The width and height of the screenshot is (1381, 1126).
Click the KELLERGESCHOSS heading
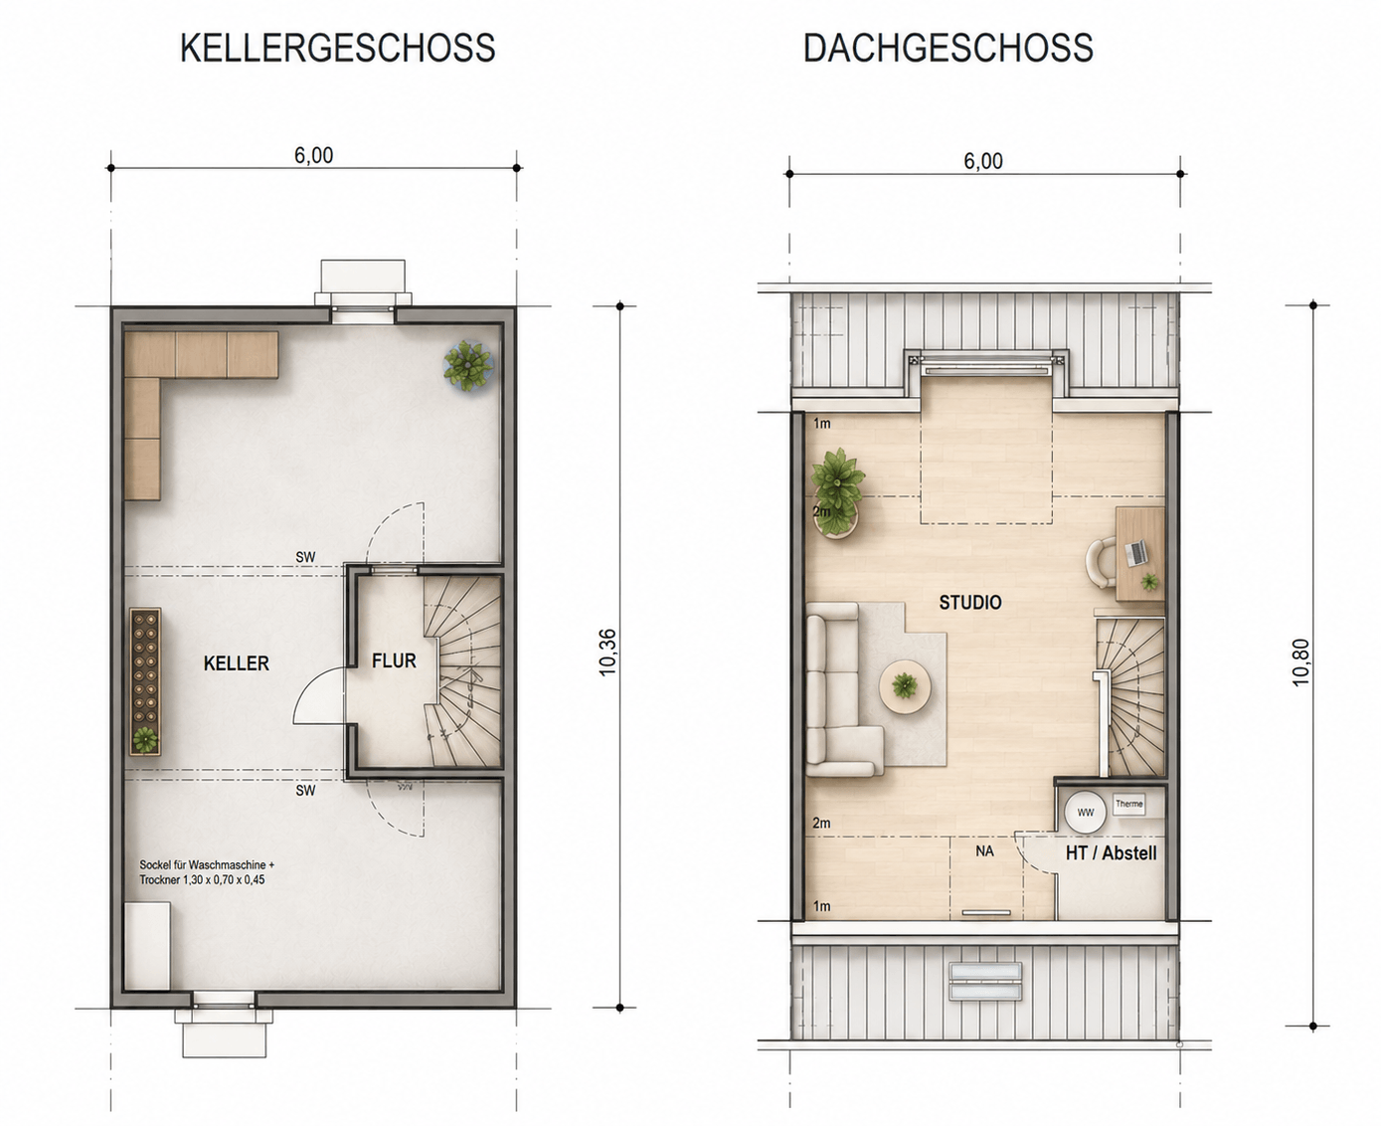pos(337,48)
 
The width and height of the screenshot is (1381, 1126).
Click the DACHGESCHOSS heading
pos(948,48)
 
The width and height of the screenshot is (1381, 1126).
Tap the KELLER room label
pos(236,662)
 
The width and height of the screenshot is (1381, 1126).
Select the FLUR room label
pos(394,660)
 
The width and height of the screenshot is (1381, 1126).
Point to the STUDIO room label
pos(970,603)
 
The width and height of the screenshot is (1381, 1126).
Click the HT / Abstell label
pos(1112,852)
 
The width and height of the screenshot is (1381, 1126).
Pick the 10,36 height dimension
pos(607,653)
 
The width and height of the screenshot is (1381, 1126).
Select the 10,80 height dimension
pos(1300,662)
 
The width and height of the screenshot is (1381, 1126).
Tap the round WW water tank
pos(1086,812)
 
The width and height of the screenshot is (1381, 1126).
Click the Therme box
pos(1128,805)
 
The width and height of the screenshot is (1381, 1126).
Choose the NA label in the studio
pos(984,851)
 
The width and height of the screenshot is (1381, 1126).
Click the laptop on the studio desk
pos(1136,553)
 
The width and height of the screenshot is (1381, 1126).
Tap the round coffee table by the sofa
pos(905,687)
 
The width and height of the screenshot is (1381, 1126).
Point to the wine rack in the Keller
pos(145,681)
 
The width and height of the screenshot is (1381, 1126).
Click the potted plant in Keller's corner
pos(468,366)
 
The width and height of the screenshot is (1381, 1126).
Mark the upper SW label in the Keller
pos(305,556)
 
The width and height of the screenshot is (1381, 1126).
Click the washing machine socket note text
pos(206,872)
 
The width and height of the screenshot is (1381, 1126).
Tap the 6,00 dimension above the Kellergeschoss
pos(314,155)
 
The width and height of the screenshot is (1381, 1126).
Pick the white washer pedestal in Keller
pos(147,945)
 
